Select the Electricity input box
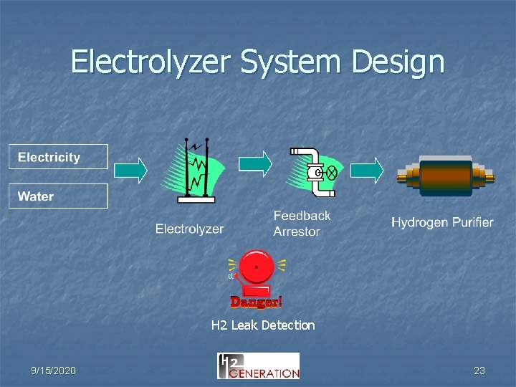[x=58, y=157]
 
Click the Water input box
[x=58, y=196]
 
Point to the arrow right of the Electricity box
[x=130, y=169]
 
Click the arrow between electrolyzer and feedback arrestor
[x=255, y=163]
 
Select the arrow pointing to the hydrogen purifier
[x=368, y=171]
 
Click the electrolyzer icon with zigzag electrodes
[x=194, y=170]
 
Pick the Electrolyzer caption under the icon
[x=189, y=229]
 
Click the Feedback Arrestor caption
[x=302, y=223]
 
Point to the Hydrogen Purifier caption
[x=442, y=222]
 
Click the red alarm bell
[x=256, y=269]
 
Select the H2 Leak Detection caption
[x=263, y=325]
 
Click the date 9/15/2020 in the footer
[x=54, y=371]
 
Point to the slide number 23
[x=479, y=371]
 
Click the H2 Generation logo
[x=258, y=365]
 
